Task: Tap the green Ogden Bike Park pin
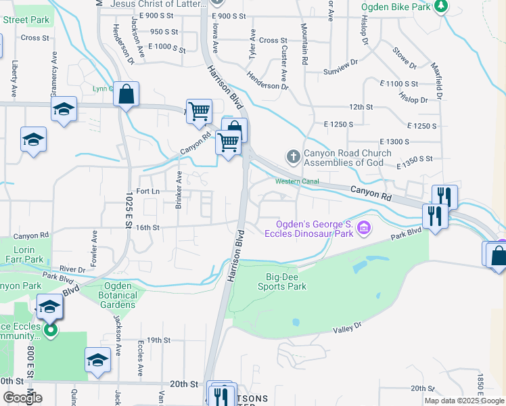[441, 6]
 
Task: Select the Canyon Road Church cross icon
[293, 157]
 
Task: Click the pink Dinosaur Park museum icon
[364, 229]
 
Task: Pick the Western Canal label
[297, 181]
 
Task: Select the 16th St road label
[147, 228]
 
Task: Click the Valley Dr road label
[348, 328]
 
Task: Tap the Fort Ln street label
[147, 191]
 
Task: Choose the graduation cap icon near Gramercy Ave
[64, 110]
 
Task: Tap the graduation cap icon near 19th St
[97, 360]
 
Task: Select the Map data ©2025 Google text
[464, 401]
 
